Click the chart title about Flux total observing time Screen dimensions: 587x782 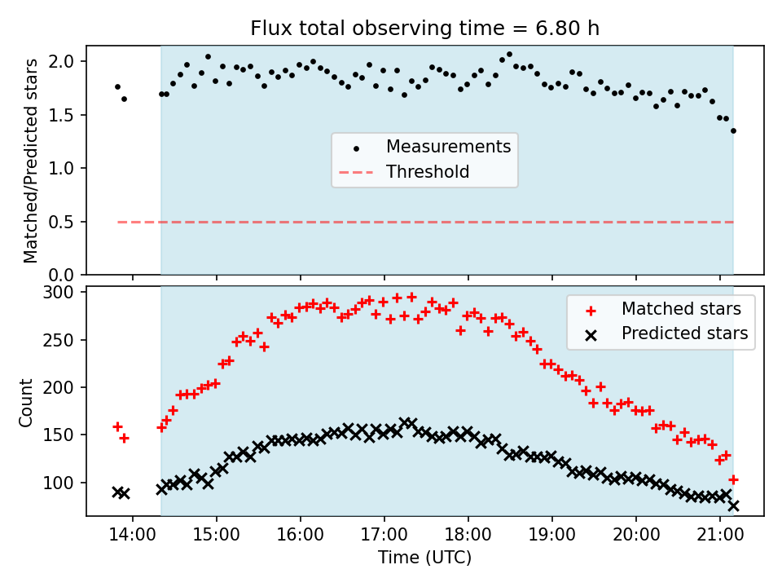point(424,29)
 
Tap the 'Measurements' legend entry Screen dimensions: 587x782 point(448,147)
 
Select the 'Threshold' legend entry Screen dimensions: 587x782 point(428,172)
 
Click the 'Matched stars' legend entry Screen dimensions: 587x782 point(681,309)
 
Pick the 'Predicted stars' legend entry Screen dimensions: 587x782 point(684,333)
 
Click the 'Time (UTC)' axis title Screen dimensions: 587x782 point(424,558)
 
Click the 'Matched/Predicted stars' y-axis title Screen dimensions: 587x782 point(31,161)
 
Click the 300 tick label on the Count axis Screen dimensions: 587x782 point(62,292)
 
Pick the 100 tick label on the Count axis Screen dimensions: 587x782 point(62,483)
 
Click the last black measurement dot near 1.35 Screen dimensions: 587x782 point(733,130)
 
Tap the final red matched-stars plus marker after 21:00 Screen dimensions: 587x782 point(733,479)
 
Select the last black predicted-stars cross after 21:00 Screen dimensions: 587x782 point(733,505)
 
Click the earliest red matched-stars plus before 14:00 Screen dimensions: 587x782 point(117,426)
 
